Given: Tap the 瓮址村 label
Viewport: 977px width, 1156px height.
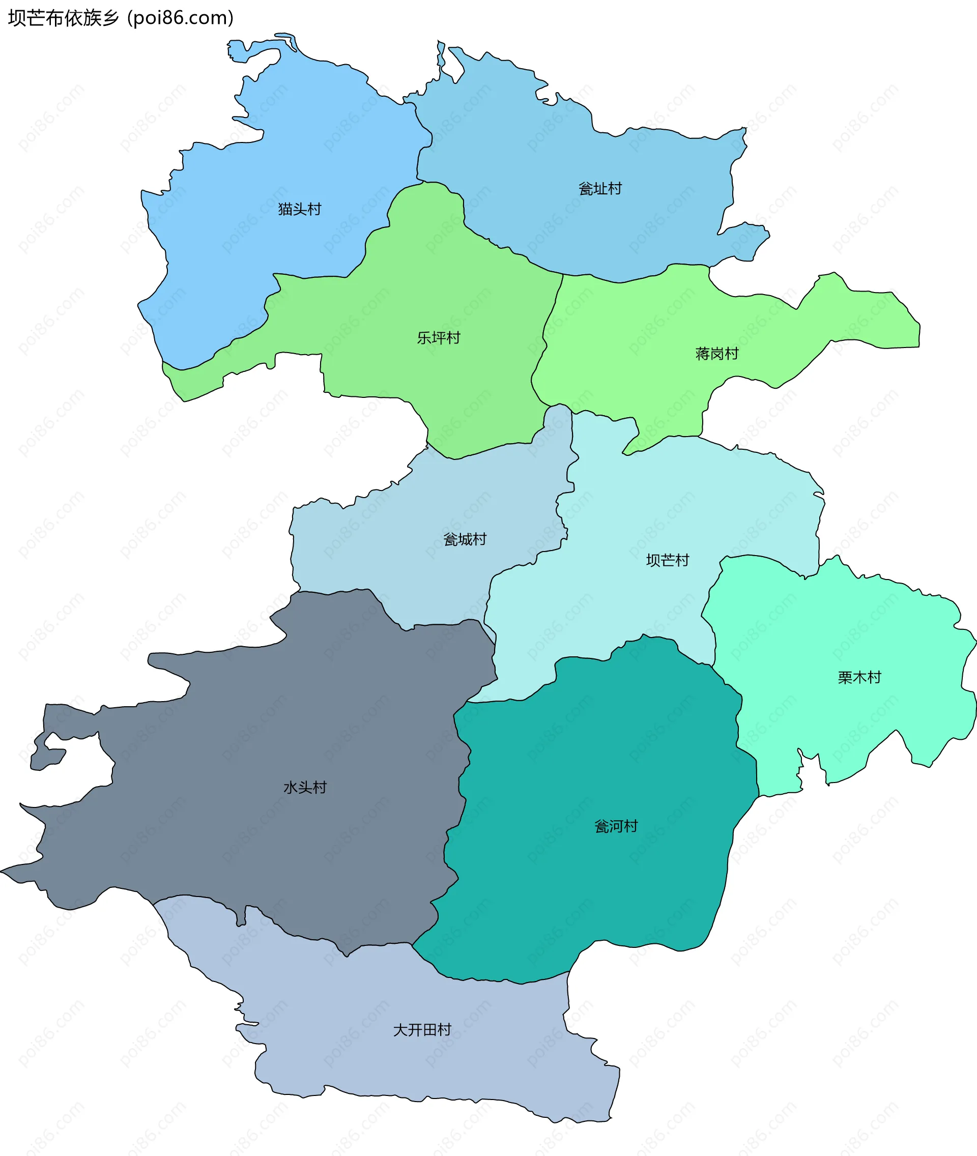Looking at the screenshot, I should coord(600,189).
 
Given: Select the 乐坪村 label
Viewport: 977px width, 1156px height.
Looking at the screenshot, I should coord(438,337).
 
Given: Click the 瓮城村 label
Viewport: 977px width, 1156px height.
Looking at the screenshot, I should coord(465,539).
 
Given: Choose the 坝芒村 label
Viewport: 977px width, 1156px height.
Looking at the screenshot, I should coord(668,560).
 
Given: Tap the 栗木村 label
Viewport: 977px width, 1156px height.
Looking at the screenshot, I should coord(859,677).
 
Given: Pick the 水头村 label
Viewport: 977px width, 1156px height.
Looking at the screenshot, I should coord(305,787).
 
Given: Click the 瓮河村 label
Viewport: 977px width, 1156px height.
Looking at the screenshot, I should coord(616,826).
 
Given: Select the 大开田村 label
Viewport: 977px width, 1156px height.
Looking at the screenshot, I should coord(422,1030).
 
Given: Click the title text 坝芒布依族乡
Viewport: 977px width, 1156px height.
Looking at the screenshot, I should coord(63,18).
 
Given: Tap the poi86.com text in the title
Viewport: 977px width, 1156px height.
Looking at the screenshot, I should coord(181,18).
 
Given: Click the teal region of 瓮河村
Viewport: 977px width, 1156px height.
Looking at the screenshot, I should coord(582,898).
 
